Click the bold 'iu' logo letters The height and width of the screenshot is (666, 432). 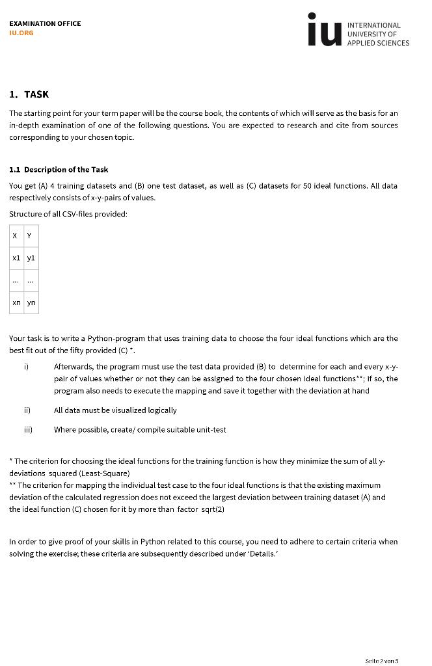tap(323, 31)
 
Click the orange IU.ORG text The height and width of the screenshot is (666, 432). tap(21, 33)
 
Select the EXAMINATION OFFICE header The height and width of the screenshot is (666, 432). tap(45, 23)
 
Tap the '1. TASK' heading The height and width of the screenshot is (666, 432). tap(29, 94)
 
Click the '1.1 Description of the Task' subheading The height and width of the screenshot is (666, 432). tap(59, 170)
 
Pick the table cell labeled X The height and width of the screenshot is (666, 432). tap(16, 235)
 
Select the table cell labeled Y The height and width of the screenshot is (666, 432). tap(30, 235)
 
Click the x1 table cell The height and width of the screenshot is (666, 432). tap(16, 258)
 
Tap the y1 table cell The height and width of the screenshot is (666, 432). tap(31, 258)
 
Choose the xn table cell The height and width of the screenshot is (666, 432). tap(16, 302)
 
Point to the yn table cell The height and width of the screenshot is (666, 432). tap(31, 302)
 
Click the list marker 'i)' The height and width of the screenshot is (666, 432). tap(26, 367)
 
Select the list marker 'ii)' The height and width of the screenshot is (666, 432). tap(27, 410)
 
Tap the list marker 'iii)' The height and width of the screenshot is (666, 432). tap(28, 430)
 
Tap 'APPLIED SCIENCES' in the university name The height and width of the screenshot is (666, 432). tap(378, 43)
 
